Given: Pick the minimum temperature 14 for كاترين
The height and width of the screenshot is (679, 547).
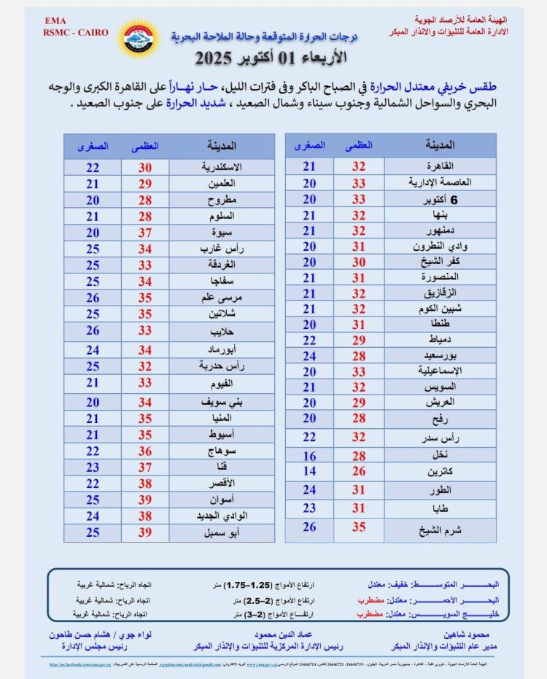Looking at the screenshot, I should (x=309, y=471).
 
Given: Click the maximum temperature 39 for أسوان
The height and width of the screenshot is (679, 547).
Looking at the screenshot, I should (x=147, y=500).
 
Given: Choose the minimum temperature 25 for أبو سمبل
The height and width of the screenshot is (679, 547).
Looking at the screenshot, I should (x=92, y=533).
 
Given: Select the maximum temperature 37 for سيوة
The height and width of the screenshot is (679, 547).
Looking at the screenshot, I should (x=147, y=232).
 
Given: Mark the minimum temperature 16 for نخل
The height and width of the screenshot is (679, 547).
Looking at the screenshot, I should (x=309, y=456).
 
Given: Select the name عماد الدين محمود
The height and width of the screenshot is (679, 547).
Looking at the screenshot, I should (x=281, y=635).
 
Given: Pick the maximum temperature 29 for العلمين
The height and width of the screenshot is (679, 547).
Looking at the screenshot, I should (x=147, y=184).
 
